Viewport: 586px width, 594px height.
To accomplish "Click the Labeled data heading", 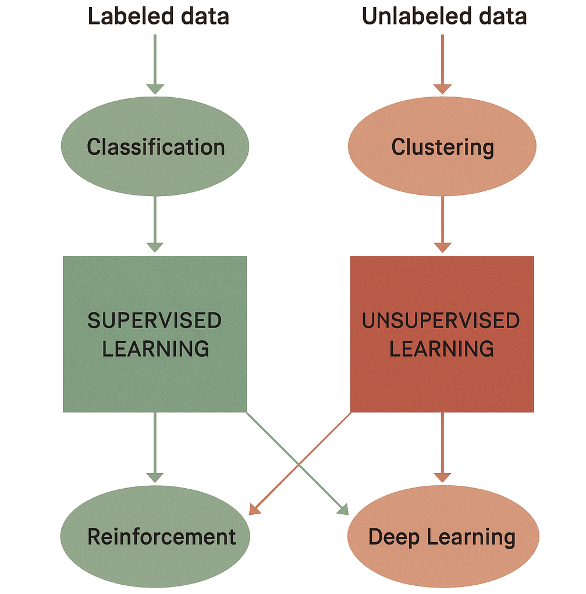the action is pyautogui.click(x=158, y=17).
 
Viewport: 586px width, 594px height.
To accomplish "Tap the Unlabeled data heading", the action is pyautogui.click(x=444, y=17).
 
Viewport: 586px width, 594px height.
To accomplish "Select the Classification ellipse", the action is pyautogui.click(x=155, y=146).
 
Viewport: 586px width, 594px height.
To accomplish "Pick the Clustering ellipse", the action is pyautogui.click(x=442, y=146).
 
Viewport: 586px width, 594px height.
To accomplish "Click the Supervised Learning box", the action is pyautogui.click(x=155, y=334).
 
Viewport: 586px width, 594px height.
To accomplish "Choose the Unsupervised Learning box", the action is pyautogui.click(x=442, y=334).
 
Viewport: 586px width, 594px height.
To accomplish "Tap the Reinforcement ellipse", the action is pyautogui.click(x=155, y=536).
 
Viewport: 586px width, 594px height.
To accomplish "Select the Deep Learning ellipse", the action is pyautogui.click(x=443, y=536).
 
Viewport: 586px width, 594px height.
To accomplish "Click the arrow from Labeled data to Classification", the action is pyautogui.click(x=155, y=65).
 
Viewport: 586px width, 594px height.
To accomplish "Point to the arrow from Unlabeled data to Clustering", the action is pyautogui.click(x=442, y=65).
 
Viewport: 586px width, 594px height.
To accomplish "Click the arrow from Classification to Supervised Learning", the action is pyautogui.click(x=155, y=224).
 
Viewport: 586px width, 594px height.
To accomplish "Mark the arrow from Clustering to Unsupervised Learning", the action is pyautogui.click(x=442, y=224).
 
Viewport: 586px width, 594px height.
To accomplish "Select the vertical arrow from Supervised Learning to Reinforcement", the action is pyautogui.click(x=155, y=447).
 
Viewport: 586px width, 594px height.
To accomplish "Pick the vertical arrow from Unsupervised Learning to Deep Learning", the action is pyautogui.click(x=442, y=447).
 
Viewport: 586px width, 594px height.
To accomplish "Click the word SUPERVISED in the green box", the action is pyautogui.click(x=155, y=321).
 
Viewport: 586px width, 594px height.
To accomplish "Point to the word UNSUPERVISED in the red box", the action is pyautogui.click(x=441, y=321).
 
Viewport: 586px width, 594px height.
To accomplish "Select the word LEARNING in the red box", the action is pyautogui.click(x=442, y=348).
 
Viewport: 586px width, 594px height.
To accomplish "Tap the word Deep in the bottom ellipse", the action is pyautogui.click(x=394, y=538).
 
